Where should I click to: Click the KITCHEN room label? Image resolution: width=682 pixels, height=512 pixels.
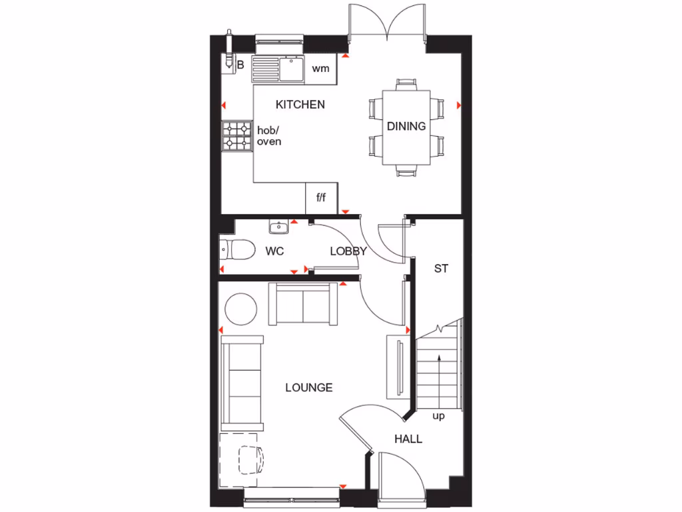click(x=300, y=105)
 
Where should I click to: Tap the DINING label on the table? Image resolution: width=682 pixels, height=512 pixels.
click(x=406, y=126)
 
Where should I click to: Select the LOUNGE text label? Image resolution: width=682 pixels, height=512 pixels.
click(x=308, y=387)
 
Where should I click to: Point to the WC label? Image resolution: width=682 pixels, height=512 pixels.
click(x=275, y=251)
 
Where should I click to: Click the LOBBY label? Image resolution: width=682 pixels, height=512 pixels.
click(x=348, y=251)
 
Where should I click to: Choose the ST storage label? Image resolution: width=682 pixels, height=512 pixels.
click(x=441, y=269)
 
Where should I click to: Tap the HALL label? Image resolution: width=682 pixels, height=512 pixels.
click(x=408, y=439)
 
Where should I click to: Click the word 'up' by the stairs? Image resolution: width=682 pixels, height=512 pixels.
click(x=438, y=416)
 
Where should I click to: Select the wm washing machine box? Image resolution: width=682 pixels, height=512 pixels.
click(x=321, y=68)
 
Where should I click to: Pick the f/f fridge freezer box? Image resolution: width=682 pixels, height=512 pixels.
click(x=321, y=198)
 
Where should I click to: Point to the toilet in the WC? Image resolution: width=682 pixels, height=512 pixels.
click(x=237, y=250)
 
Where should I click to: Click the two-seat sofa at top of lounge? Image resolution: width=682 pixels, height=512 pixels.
click(x=303, y=304)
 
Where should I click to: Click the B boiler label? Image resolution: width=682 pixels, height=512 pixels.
click(x=240, y=65)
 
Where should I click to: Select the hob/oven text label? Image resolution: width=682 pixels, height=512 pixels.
click(x=269, y=136)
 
